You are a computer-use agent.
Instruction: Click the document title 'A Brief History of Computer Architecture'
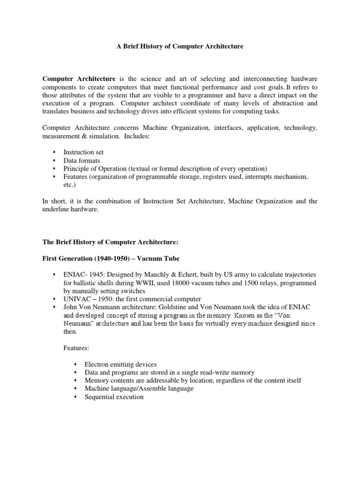[180, 47]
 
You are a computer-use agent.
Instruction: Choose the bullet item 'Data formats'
[79, 160]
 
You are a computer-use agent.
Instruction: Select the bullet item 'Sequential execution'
[114, 397]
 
